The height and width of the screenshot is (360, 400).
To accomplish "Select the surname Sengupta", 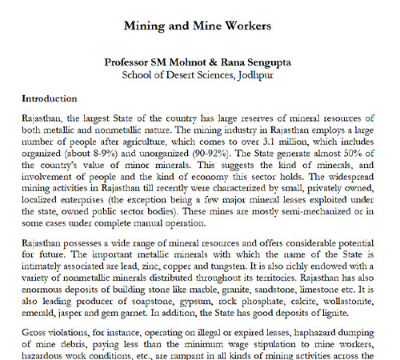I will click(268, 62).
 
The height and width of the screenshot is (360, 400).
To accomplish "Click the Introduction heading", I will click(50, 99).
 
